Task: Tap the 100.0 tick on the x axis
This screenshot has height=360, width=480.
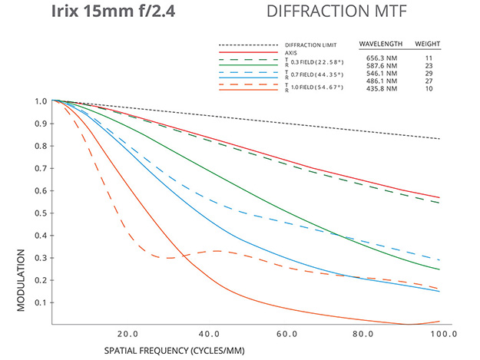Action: (442, 335)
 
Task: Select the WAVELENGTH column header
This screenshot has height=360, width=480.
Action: (382, 44)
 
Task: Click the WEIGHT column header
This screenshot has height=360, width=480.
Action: (427, 44)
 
